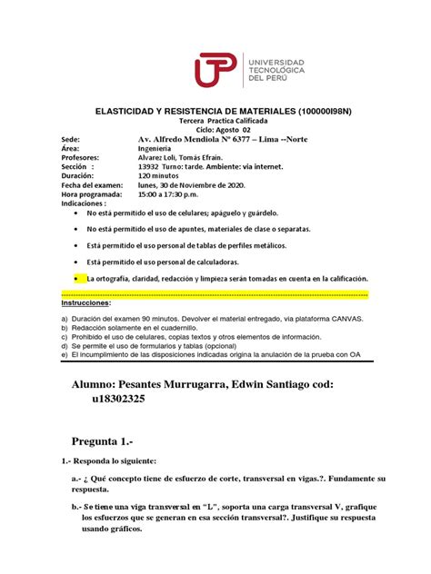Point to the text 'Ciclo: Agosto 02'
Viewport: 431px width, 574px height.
coord(215,130)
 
